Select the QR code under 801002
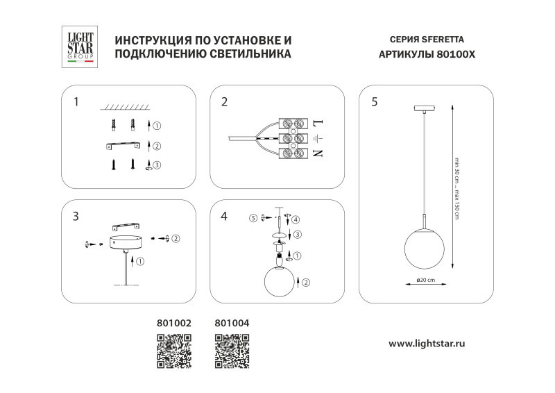click(x=173, y=350)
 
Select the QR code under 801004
click(x=232, y=350)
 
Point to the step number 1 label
click(x=76, y=102)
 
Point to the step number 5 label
click(x=375, y=102)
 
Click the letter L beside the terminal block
click(x=318, y=123)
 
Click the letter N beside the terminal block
click(x=318, y=153)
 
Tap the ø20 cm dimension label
click(x=425, y=280)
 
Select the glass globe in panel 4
click(x=280, y=282)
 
